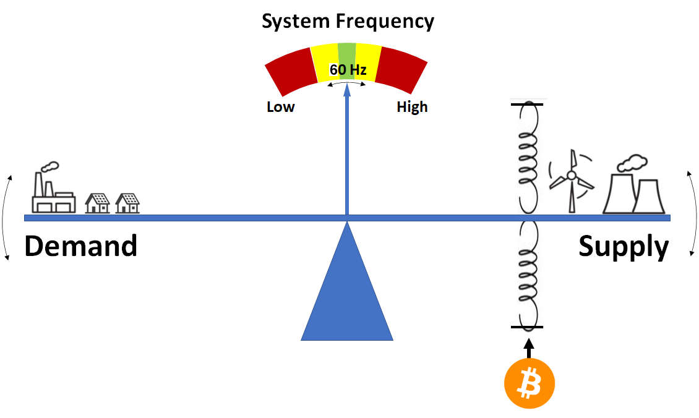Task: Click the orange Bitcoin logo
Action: pos(529,383)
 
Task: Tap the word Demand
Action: pos(80,246)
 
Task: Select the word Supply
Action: pos(624,247)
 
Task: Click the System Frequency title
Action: pos(348,22)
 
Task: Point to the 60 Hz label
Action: pos(348,70)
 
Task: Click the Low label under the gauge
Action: pos(280,107)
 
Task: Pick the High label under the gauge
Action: pos(412,107)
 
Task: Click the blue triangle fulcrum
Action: pos(347,281)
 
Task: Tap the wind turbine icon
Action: pos(572,181)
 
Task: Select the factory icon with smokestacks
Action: pos(53,188)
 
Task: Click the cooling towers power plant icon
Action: pos(633,185)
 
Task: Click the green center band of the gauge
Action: pos(347,61)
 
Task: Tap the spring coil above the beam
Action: pos(528,158)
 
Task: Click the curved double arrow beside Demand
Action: pos(6,218)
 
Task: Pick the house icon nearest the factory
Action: pos(97,203)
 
